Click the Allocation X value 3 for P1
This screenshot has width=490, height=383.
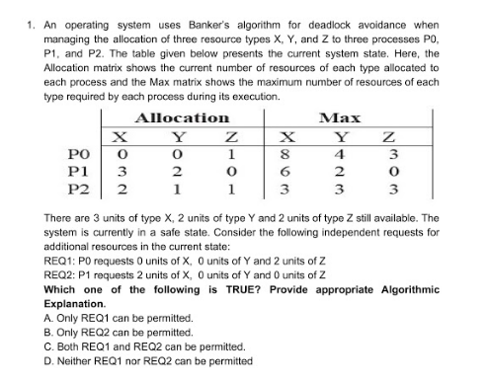point(122,170)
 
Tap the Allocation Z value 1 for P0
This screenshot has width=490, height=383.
point(229,153)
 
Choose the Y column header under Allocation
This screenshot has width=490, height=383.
point(174,135)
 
